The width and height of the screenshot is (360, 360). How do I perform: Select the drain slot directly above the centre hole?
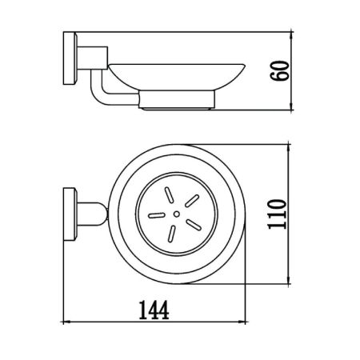pos(169,195)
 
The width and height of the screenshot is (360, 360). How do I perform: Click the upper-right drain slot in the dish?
pos(190,203)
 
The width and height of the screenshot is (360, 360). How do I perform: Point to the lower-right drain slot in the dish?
pos(190,229)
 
